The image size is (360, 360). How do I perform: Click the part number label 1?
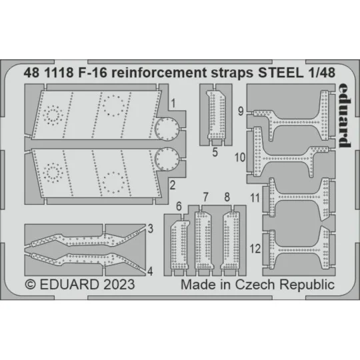coord(172,103)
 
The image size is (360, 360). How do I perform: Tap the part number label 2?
coord(172,183)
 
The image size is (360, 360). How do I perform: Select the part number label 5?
coord(215,151)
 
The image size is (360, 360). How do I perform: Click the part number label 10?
coord(241,158)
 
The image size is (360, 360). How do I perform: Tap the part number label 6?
coord(179,207)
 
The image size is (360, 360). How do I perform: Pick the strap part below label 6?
coord(179,245)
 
